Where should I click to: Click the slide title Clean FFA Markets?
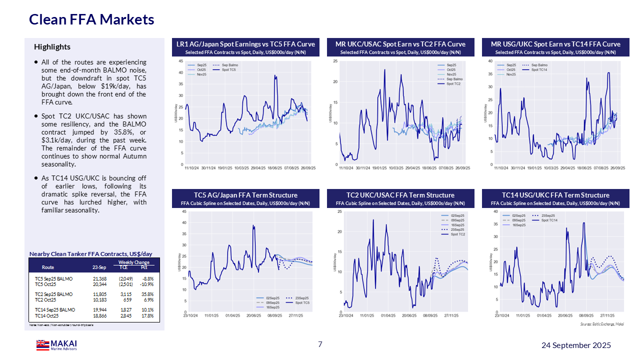point(91,19)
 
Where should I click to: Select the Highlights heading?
point(52,47)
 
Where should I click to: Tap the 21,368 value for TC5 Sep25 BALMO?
point(100,278)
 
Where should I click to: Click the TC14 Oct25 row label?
point(46,315)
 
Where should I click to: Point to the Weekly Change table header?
point(133,262)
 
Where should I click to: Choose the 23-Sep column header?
point(99,267)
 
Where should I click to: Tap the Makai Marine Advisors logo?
point(56,345)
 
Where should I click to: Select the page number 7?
point(320,344)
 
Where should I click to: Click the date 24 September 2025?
point(576,345)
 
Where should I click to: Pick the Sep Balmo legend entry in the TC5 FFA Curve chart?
point(230,65)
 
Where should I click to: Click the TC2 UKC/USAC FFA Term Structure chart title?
point(400,195)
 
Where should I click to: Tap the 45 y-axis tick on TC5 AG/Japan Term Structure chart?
point(184,211)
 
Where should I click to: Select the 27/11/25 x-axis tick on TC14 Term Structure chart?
point(607,315)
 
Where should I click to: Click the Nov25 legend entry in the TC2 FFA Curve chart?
point(451,74)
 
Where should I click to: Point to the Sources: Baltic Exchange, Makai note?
point(601,324)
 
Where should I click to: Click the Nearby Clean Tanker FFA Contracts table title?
point(90,254)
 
